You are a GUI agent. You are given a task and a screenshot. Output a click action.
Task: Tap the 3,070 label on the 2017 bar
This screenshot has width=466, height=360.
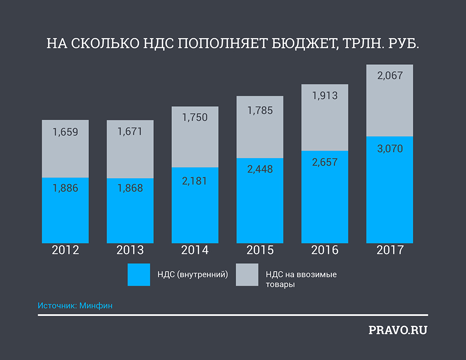tap(390, 149)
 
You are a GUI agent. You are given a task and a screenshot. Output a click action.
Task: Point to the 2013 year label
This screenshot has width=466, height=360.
tap(130, 250)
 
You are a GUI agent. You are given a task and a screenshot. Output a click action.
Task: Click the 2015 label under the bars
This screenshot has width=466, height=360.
tap(260, 250)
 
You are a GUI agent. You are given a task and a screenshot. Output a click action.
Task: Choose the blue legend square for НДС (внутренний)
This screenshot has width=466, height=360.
tap(138, 275)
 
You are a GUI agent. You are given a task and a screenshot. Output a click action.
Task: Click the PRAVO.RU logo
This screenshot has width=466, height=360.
tap(397, 331)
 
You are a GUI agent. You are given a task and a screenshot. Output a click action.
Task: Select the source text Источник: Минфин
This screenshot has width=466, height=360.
tap(75, 306)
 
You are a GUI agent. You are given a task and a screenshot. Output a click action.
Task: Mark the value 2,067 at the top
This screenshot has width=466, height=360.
tap(390, 75)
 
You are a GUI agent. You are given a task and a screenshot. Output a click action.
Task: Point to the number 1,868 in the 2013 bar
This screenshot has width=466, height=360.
tap(130, 188)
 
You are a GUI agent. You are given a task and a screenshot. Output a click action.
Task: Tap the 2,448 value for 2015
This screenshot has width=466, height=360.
tap(260, 169)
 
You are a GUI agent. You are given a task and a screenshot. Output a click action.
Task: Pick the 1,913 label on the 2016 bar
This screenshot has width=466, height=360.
tap(325, 96)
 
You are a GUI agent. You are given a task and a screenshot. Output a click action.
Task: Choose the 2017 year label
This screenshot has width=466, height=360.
tap(390, 250)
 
